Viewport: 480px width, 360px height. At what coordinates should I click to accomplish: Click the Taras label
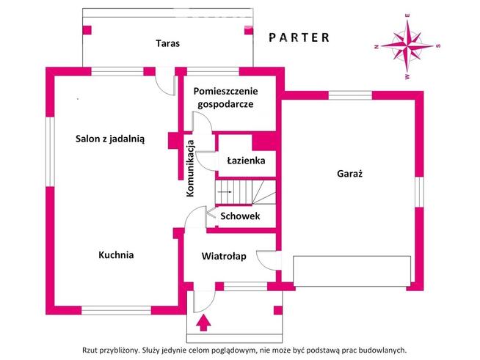[x=167, y=43]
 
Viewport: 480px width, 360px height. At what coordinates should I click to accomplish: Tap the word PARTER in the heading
[x=299, y=37]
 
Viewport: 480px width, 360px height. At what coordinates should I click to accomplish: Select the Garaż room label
[x=351, y=175]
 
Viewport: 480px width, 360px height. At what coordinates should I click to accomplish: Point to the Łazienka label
[x=245, y=161]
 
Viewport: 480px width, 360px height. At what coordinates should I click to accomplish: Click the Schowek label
[x=240, y=216]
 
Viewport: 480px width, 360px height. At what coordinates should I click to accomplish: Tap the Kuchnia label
[x=116, y=255]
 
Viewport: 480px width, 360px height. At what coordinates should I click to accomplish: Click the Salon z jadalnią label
[x=110, y=138]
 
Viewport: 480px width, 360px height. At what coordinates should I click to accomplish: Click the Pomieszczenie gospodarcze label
[x=224, y=98]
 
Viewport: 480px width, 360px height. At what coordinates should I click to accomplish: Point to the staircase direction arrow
[x=225, y=191]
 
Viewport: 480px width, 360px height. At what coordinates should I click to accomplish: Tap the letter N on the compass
[x=377, y=46]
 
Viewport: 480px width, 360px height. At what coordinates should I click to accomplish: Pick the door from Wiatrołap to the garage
[x=269, y=262]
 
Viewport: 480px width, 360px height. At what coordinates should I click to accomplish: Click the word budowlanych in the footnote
[x=380, y=350]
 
